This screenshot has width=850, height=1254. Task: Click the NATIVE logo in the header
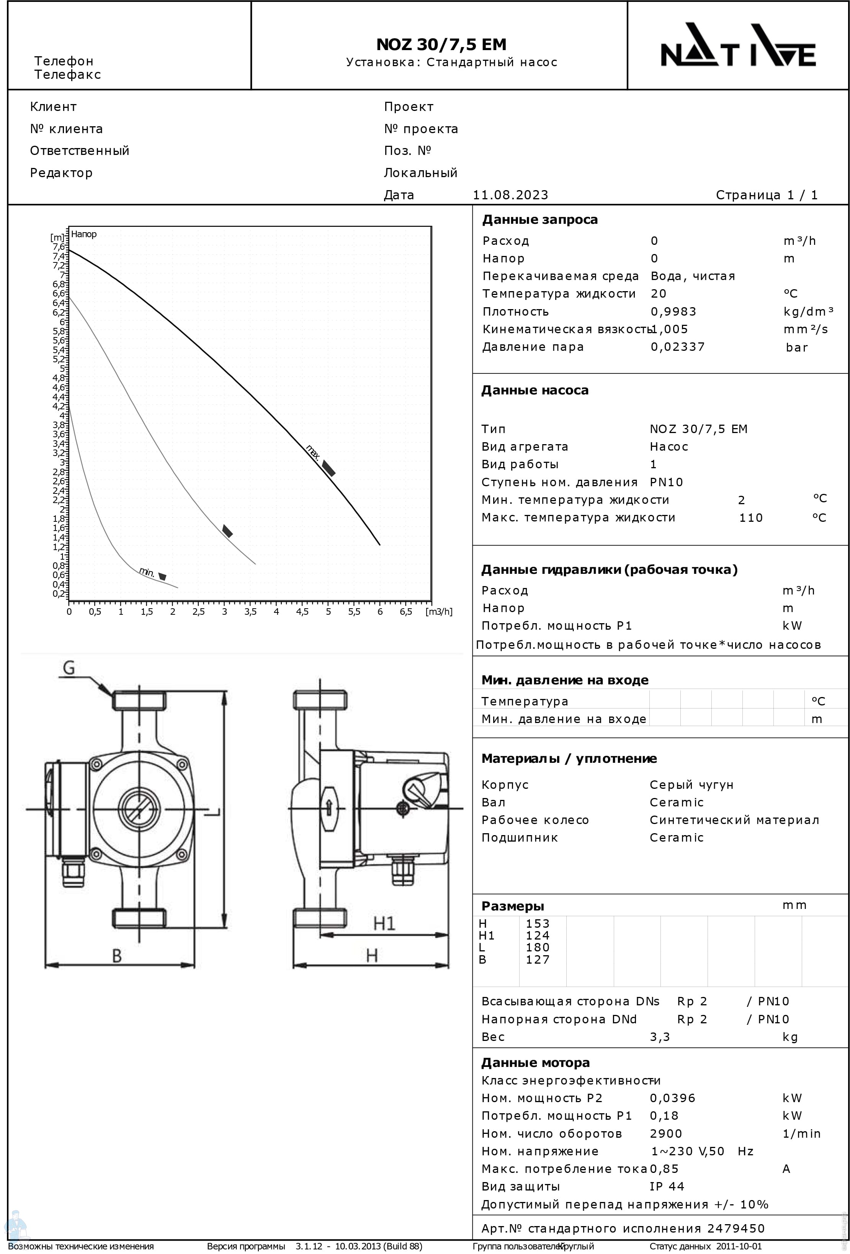(738, 45)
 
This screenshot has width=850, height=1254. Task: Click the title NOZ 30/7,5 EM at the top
(441, 44)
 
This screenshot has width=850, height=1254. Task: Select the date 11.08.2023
(510, 195)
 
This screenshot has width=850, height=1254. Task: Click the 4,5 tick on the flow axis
(302, 612)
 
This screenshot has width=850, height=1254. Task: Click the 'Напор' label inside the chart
(84, 234)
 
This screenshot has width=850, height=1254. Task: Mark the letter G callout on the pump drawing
(69, 668)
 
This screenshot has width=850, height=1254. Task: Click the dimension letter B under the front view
(117, 956)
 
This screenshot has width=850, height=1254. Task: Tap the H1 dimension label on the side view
(384, 923)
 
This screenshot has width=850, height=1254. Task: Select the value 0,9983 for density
(673, 312)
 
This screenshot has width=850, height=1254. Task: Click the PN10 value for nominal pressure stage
(666, 482)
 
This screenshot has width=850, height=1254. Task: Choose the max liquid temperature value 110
(750, 518)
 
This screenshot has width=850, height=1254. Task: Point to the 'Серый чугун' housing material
(691, 785)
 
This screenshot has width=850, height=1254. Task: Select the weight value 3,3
(659, 1037)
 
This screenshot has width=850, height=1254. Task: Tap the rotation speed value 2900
(666, 1133)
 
